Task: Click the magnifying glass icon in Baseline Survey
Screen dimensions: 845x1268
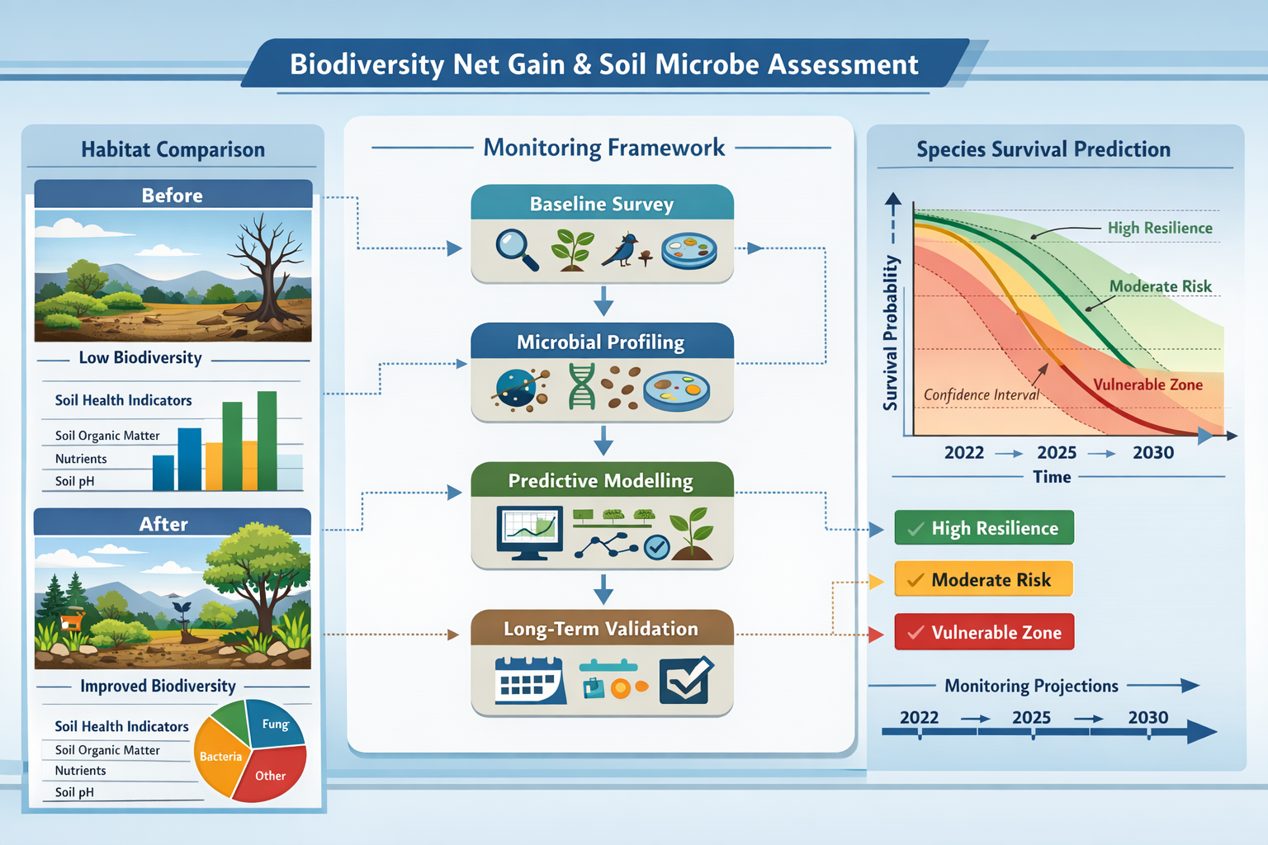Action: point(516,248)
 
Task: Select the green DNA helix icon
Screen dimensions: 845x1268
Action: point(582,386)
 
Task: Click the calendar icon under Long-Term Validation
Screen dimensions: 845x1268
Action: point(529,681)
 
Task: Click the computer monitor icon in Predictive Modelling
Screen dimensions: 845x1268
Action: point(529,532)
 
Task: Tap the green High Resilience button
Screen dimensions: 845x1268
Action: point(984,528)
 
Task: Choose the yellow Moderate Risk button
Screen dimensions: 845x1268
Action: point(984,580)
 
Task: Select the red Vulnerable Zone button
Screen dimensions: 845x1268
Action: point(984,632)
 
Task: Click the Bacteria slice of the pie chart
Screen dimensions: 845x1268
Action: point(219,756)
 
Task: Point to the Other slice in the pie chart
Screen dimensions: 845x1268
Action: point(270,776)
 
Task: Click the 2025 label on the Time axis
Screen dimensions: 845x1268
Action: point(1057,452)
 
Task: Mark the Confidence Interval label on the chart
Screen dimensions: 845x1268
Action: point(981,394)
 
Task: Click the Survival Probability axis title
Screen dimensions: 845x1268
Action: point(891,332)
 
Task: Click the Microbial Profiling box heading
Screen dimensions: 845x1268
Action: point(601,342)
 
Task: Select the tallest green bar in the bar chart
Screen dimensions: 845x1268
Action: point(267,441)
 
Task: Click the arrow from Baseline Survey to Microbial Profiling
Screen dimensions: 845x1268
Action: point(603,301)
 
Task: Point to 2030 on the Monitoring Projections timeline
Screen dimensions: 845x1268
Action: point(1147,717)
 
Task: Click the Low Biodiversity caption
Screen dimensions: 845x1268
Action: point(140,357)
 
